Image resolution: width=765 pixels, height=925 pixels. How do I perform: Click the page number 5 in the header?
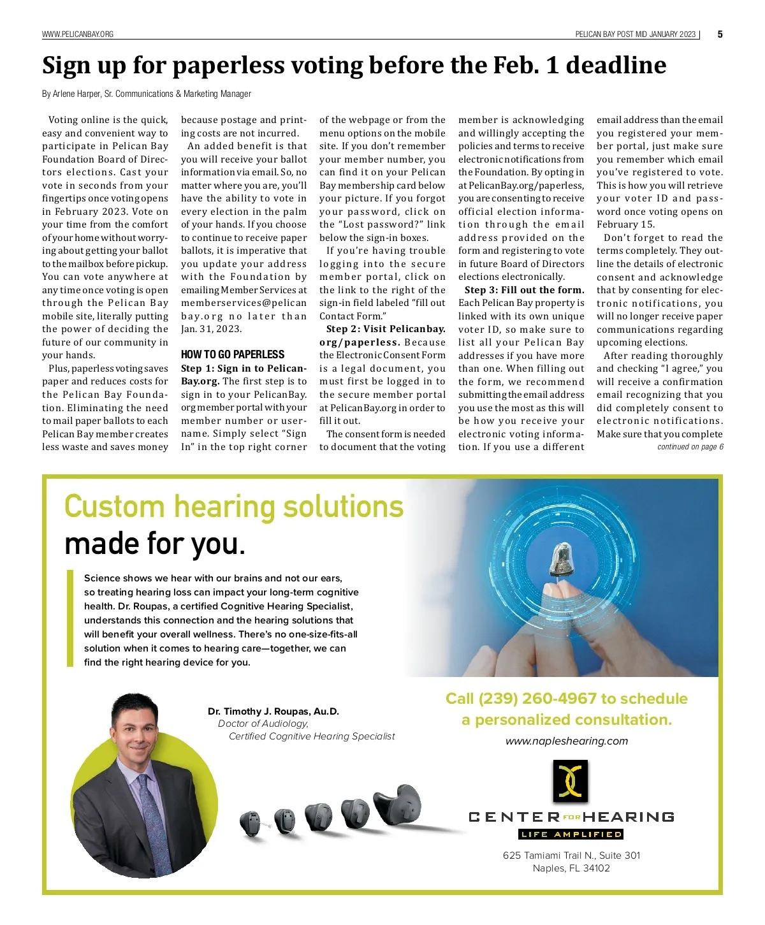[720, 34]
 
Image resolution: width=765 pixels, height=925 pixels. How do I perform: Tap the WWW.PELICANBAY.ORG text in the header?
[78, 34]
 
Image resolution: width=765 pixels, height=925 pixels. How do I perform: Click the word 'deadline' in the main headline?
[616, 66]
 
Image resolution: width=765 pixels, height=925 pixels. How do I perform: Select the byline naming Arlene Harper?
[147, 94]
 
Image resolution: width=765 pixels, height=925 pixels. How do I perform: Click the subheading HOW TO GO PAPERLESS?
[233, 354]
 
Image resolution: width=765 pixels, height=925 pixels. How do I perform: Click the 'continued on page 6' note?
[690, 448]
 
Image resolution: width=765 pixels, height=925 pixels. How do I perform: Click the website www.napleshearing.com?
[567, 741]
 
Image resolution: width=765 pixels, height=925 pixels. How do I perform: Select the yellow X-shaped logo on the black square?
[571, 780]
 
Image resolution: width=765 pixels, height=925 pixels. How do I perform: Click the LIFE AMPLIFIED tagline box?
[571, 834]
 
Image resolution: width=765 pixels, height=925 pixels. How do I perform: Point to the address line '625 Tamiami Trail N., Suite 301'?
[571, 856]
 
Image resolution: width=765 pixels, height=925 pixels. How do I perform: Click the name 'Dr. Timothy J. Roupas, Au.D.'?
[273, 711]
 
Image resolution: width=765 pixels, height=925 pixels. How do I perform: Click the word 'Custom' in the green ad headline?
[115, 507]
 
